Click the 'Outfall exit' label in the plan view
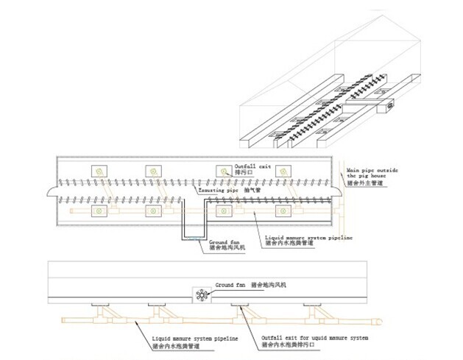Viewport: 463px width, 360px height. click(252, 166)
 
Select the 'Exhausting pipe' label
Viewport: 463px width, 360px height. click(221, 189)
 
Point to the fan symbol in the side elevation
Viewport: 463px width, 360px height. click(201, 296)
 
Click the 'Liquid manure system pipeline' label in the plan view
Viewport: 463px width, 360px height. click(308, 237)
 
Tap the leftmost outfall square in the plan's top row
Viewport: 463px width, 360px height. click(100, 171)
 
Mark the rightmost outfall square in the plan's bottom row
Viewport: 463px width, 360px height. click(283, 212)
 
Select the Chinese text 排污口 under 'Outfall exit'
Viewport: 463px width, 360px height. click(244, 174)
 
